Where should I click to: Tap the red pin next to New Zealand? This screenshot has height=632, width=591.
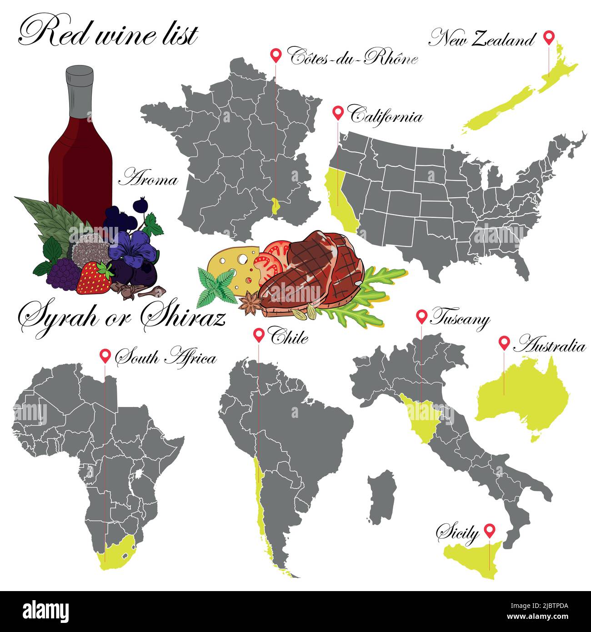549,37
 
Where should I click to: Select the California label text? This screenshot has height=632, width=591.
386,116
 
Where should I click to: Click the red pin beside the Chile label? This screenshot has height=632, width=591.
259,335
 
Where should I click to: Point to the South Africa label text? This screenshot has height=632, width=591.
166,358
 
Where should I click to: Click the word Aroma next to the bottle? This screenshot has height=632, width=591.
148,180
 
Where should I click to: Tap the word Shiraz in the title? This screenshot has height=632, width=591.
182,317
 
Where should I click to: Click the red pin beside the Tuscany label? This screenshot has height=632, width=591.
421,316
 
